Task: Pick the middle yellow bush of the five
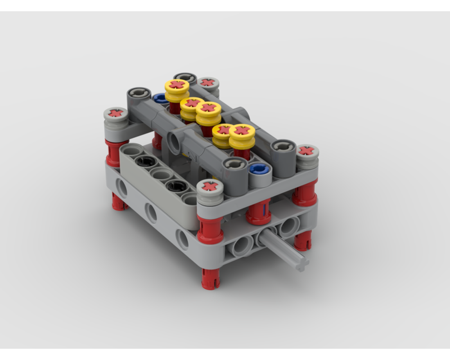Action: point(208,108)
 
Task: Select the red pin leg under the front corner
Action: point(211,278)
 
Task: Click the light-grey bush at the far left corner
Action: point(116,113)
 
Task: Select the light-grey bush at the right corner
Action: point(307,151)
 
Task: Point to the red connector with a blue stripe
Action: point(258,211)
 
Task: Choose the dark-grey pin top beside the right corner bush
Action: point(282,146)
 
